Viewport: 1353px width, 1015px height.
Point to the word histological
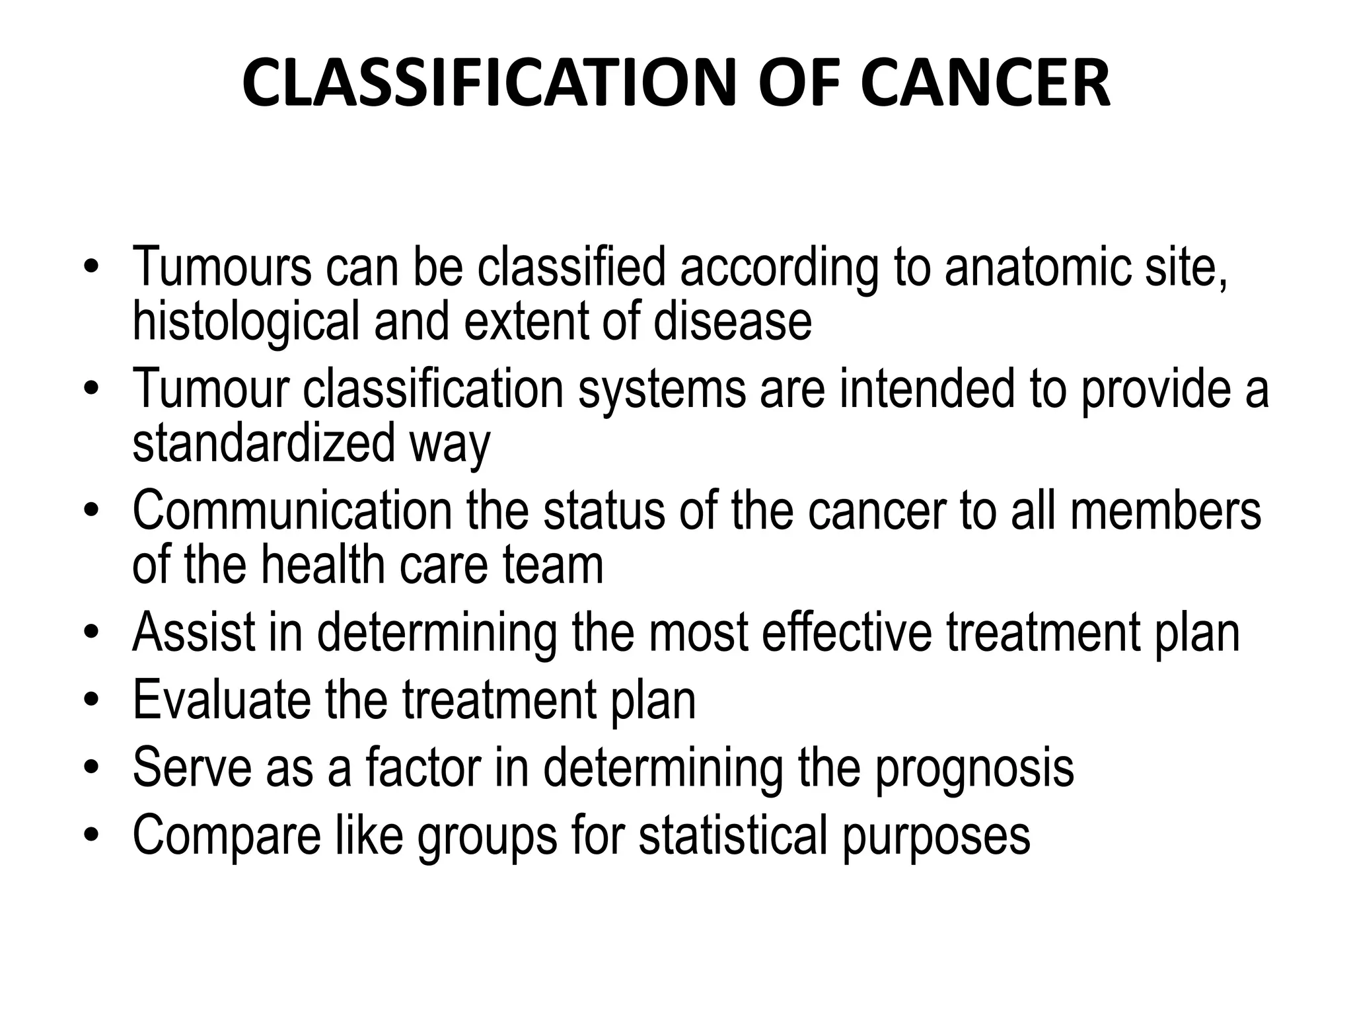click(246, 322)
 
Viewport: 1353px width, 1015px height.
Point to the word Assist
click(194, 632)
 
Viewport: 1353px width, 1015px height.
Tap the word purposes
click(936, 837)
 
